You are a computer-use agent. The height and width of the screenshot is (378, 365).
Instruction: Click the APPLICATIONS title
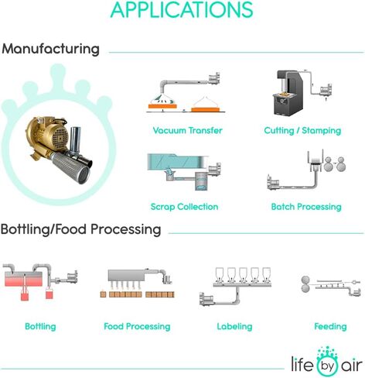(182, 10)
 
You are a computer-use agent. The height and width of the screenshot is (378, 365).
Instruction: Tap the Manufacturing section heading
(50, 49)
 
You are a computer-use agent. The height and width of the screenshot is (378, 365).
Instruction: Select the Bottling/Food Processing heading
(80, 229)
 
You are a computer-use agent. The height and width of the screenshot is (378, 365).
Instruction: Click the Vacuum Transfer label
(187, 130)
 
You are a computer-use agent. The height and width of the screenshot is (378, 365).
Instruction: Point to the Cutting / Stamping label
(302, 131)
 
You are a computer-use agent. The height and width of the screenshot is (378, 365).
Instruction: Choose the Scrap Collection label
(184, 207)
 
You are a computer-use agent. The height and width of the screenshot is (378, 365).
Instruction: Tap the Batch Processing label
(306, 207)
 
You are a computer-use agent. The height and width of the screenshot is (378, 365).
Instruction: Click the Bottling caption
(40, 326)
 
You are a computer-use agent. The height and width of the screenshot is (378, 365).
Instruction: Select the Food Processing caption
(137, 326)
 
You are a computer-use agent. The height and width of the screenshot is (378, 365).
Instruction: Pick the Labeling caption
(234, 326)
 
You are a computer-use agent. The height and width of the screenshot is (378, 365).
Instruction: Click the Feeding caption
(330, 326)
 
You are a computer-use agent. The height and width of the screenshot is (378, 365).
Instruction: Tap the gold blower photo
(59, 149)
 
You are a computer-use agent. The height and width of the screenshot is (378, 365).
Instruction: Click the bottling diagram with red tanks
(40, 282)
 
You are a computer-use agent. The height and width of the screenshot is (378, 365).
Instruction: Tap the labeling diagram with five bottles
(235, 286)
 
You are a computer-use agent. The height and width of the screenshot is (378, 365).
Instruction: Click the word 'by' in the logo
(327, 366)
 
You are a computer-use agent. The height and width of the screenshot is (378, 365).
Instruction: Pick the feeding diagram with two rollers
(331, 287)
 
